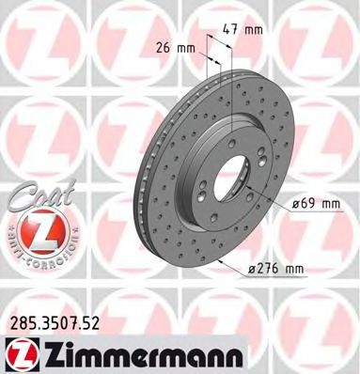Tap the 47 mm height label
pos(243,30)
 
